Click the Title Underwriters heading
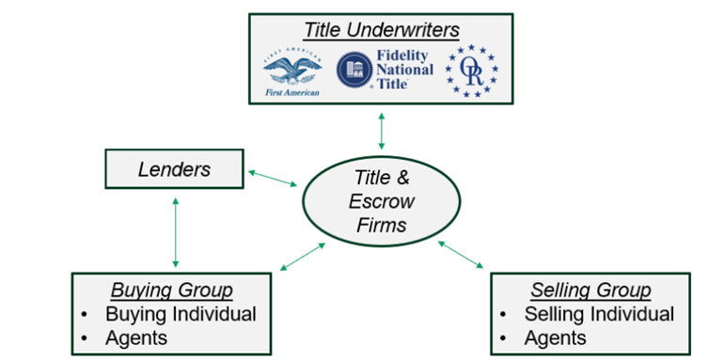point(381,30)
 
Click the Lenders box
point(174,169)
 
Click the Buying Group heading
point(172,290)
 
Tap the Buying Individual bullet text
point(181,313)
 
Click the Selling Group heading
point(590,290)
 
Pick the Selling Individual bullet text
point(599,313)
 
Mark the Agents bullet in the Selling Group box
point(556,337)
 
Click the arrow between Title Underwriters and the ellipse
point(381,131)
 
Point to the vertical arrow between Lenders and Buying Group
point(174,231)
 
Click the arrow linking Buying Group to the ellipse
point(303,257)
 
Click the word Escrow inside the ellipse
point(384,202)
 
